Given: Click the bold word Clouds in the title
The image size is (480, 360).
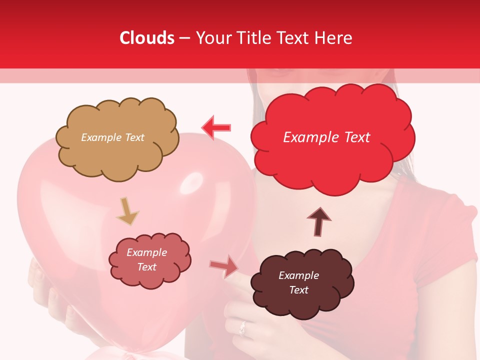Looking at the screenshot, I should (x=147, y=38).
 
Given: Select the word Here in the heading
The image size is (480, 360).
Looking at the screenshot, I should (x=333, y=38).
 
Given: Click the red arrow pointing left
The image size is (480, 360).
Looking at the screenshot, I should (x=216, y=127).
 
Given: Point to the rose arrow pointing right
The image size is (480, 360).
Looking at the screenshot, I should (x=223, y=266).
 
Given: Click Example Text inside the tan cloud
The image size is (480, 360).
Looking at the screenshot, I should (x=112, y=137).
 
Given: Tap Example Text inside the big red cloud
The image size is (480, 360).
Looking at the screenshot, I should (x=326, y=137).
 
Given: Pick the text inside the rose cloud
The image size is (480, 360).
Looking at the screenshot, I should (x=146, y=260).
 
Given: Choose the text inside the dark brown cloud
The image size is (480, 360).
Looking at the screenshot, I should (x=298, y=282).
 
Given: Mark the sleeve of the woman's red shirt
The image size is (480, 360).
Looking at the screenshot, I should (x=445, y=240).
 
